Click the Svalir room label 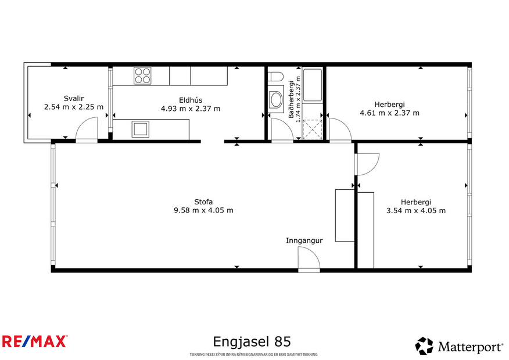point(73,98)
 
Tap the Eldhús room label point(190,99)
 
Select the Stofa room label point(203,201)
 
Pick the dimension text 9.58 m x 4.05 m point(203,210)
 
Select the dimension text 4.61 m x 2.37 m point(389,113)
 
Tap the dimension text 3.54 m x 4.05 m point(415,210)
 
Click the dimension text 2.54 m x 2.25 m point(73,107)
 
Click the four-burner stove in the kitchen point(142,75)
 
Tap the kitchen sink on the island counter point(140,128)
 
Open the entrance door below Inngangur point(309,259)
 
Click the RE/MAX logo point(35,341)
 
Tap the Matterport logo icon point(424,346)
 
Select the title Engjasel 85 point(252,341)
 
